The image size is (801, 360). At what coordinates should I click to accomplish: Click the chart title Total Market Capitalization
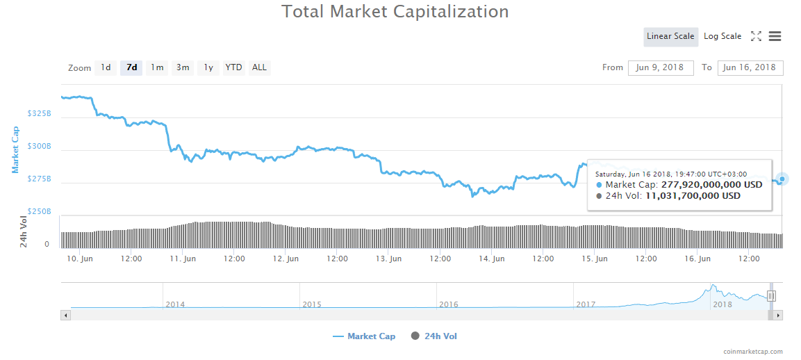point(395,12)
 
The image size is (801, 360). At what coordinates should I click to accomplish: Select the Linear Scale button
point(670,36)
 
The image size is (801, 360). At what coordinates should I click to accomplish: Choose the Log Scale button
point(722,36)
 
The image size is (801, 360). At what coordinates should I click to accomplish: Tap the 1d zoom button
point(106,67)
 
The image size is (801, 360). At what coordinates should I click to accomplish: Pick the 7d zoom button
point(131,67)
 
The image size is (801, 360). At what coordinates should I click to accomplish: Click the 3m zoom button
point(183,67)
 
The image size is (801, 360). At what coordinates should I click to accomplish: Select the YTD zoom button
point(234,67)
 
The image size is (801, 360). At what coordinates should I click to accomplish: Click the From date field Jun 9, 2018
point(661,67)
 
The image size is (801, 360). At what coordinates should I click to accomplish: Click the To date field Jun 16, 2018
point(750,67)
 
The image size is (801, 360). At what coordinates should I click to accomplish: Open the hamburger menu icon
point(775,36)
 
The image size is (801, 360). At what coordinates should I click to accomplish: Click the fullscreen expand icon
point(757,36)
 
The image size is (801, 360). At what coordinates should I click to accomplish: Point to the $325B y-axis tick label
point(39,113)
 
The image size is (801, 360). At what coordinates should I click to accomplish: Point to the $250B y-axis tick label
point(39,211)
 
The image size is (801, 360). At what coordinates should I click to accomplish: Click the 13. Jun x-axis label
point(389,259)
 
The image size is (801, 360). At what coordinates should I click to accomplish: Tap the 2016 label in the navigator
point(449,304)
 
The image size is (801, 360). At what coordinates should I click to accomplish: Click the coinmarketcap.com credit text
point(752,352)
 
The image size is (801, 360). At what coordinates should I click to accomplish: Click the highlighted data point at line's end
point(782,179)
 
